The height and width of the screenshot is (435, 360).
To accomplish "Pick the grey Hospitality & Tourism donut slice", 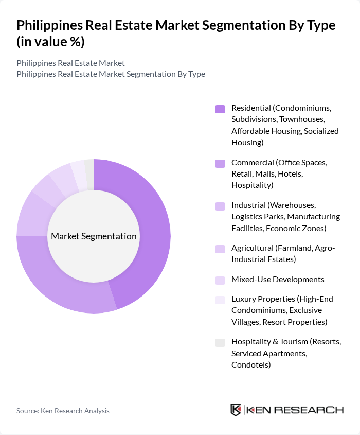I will point(89,168).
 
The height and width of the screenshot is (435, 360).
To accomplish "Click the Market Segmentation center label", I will point(94,236).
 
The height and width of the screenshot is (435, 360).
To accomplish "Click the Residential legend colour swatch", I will point(220,109).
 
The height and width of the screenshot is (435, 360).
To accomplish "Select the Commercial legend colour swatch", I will point(220,163).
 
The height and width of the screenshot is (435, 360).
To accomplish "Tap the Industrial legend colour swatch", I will point(220,206).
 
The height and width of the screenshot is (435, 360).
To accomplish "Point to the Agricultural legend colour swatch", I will point(220,249).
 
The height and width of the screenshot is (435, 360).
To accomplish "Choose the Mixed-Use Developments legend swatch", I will point(220,280).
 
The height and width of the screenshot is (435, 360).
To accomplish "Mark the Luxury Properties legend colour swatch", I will point(220,300).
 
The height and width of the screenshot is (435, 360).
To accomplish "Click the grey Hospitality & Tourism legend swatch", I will point(220,342).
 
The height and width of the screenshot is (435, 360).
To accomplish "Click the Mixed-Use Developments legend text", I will point(278,280).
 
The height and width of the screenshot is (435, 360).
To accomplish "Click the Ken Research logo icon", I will point(236,410).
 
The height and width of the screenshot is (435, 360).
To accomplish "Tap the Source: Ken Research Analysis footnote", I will point(63,411).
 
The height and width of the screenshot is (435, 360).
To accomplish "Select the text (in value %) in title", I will point(51,42).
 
